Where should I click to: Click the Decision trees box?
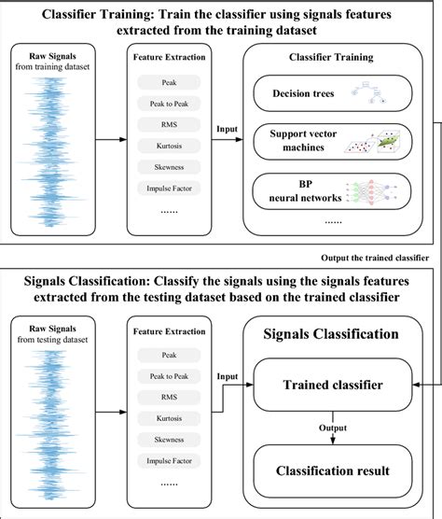tap(333, 93)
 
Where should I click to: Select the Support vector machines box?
tap(333, 142)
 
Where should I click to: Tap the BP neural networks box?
tap(332, 191)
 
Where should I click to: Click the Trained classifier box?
tap(333, 385)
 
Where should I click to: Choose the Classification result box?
tap(333, 470)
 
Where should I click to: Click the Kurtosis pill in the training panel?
tap(169, 146)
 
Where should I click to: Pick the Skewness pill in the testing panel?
tap(169, 440)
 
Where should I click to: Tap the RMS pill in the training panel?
tap(169, 124)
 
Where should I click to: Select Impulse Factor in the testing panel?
tap(169, 461)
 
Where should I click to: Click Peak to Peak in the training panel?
tap(169, 104)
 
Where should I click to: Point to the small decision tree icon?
tap(369, 92)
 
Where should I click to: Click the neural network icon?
tap(371, 191)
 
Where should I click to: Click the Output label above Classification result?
tap(333, 428)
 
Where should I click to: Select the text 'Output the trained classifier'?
tap(375, 258)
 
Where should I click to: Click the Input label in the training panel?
tap(227, 129)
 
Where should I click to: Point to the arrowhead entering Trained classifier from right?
tap(416, 385)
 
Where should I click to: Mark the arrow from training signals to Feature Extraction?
tap(111, 140)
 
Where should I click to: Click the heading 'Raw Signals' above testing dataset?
tap(52, 329)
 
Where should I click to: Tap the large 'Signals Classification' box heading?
tap(331, 334)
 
